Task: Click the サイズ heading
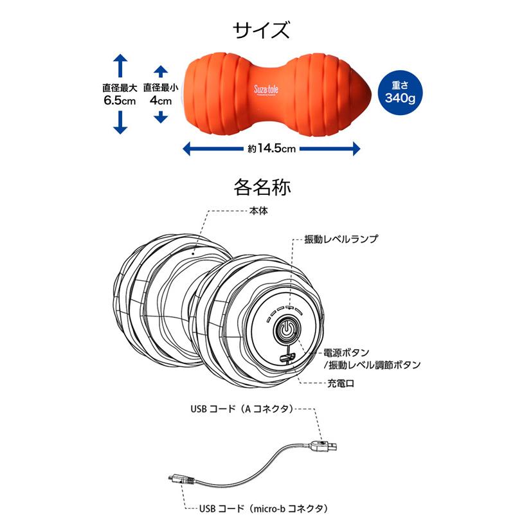pyautogui.click(x=261, y=30)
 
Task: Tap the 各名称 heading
pyautogui.click(x=262, y=187)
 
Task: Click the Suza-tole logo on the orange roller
pyautogui.click(x=266, y=90)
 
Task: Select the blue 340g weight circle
pyautogui.click(x=400, y=93)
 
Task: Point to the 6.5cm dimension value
pyautogui.click(x=120, y=100)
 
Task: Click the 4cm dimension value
pyautogui.click(x=161, y=100)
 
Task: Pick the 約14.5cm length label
pyautogui.click(x=272, y=149)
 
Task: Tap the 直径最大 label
pyautogui.click(x=120, y=88)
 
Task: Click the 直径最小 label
pyautogui.click(x=161, y=87)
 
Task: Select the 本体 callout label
pyautogui.click(x=258, y=211)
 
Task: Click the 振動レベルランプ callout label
pyautogui.click(x=341, y=239)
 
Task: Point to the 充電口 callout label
pyautogui.click(x=341, y=383)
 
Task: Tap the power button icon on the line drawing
pyautogui.click(x=286, y=329)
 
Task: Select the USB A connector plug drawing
pyautogui.click(x=323, y=446)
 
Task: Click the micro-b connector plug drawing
pyautogui.click(x=181, y=480)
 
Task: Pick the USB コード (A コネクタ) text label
pyautogui.click(x=242, y=409)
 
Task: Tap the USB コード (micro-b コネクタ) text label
pyautogui.click(x=264, y=509)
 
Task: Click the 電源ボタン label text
pyautogui.click(x=346, y=352)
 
